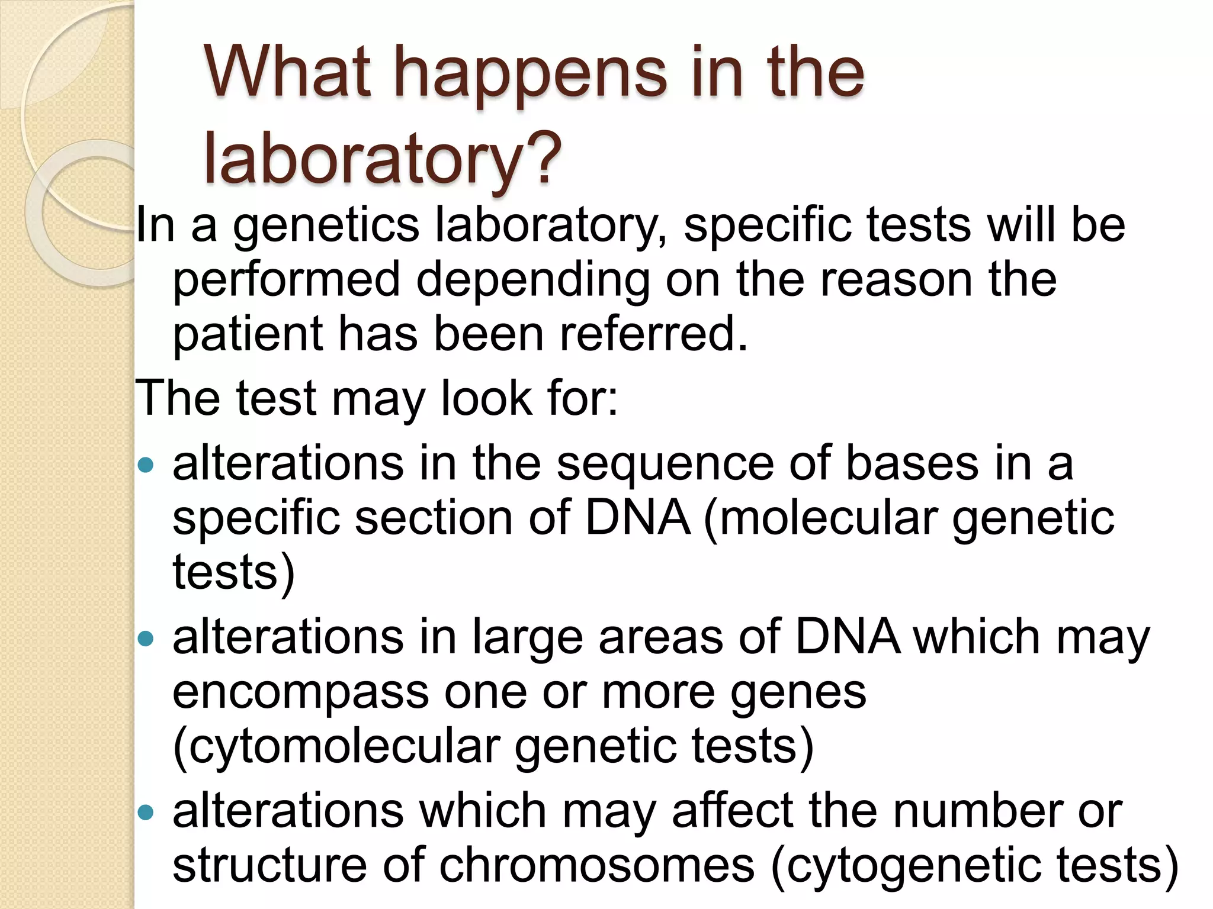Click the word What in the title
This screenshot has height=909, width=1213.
288,74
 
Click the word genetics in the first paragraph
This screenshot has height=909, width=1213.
326,227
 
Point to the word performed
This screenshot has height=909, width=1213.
287,279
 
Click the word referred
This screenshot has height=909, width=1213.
654,334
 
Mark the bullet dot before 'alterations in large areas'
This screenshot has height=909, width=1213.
145,639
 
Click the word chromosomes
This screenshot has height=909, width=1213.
597,865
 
